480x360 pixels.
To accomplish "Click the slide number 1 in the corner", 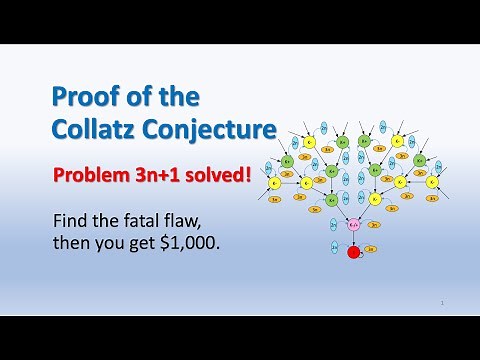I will [x=440, y=301].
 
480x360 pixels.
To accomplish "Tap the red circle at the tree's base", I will [x=352, y=252].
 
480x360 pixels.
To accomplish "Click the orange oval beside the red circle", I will [x=370, y=248].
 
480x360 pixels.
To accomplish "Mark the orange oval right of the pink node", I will [x=372, y=225].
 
